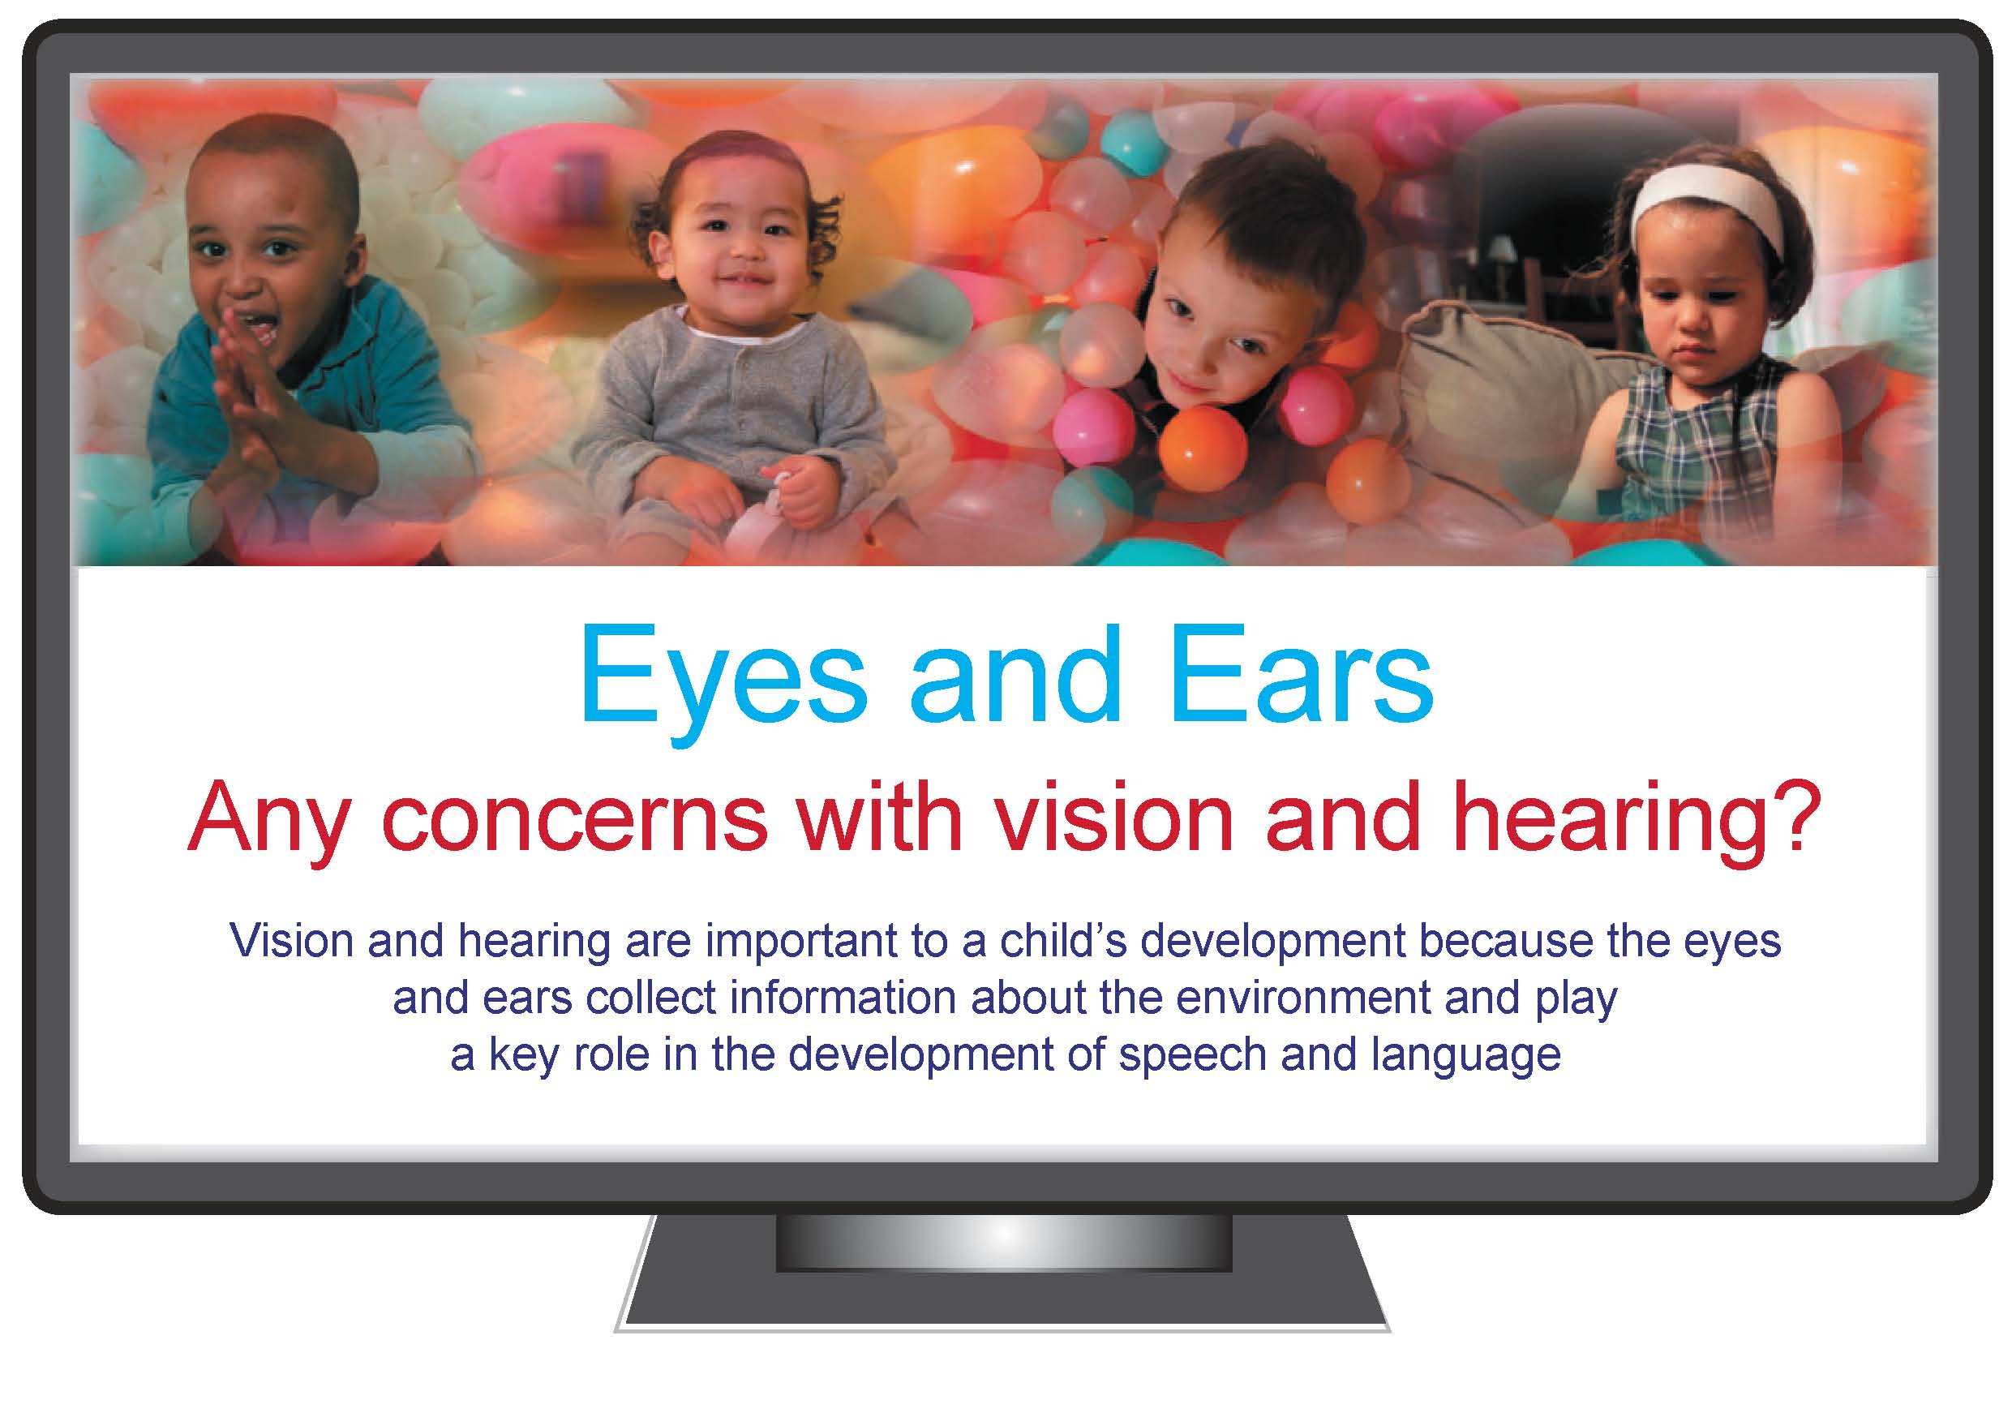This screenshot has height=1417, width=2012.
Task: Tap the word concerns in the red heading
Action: pos(575,818)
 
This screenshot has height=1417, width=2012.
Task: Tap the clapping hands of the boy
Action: pos(247,385)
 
